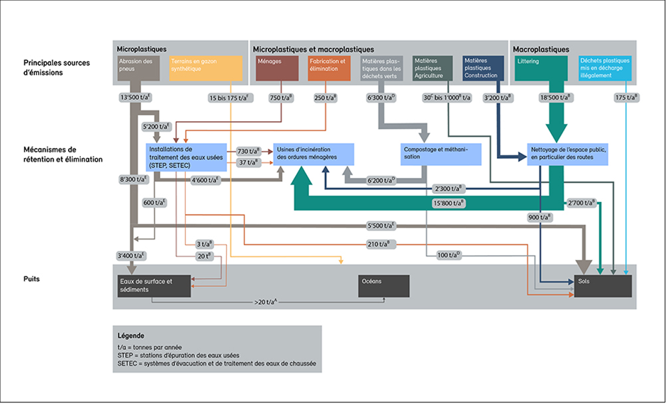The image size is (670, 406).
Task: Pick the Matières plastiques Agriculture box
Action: click(x=432, y=68)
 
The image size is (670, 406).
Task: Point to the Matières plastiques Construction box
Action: click(x=484, y=68)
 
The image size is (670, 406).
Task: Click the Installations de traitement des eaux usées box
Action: click(x=186, y=157)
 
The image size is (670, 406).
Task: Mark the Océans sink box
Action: click(x=384, y=286)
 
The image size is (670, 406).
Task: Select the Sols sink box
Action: click(x=603, y=286)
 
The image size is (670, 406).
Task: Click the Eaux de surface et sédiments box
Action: click(x=155, y=286)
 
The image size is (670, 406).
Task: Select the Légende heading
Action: click(x=132, y=334)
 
